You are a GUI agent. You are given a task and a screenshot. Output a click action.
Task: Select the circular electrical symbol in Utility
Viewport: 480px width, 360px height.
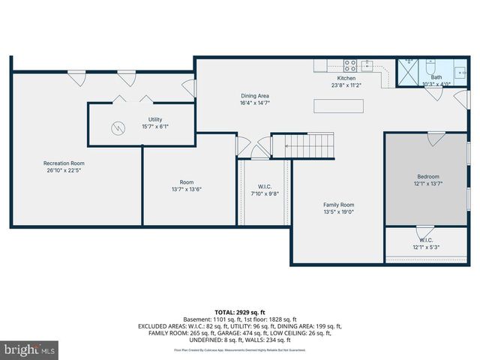tap(118, 128)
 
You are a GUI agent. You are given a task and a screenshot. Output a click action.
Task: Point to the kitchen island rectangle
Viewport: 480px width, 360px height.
tap(339, 106)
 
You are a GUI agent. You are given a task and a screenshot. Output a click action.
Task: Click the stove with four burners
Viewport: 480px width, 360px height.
tap(349, 64)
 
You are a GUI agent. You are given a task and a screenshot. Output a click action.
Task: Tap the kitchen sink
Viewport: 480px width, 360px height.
tap(367, 64)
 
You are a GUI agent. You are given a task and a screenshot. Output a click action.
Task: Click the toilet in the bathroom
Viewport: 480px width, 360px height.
tap(430, 66)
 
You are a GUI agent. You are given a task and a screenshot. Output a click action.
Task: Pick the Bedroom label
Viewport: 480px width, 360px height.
tap(427, 176)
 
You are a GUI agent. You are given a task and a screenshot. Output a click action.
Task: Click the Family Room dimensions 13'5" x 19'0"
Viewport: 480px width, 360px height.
tap(339, 212)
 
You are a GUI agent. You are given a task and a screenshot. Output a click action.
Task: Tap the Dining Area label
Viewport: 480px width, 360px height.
tap(255, 96)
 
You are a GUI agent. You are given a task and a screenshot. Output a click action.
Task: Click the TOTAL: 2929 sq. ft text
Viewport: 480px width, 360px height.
tap(240, 312)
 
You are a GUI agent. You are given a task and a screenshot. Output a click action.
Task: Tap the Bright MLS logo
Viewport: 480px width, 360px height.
tap(30, 349)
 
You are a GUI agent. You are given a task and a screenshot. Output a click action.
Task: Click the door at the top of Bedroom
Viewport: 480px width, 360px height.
tap(436, 139)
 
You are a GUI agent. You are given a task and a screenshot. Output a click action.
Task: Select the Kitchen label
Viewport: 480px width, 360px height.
tap(346, 78)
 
